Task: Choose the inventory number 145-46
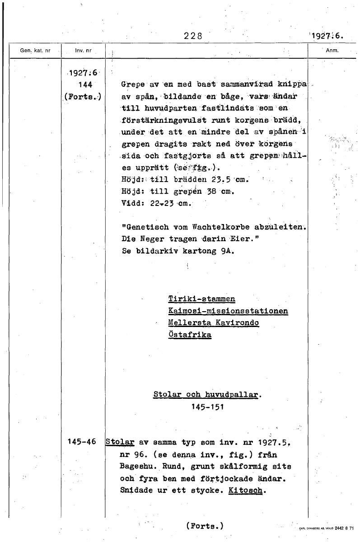[x=81, y=442]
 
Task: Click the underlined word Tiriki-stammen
[x=201, y=299]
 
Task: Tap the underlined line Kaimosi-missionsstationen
[x=228, y=311]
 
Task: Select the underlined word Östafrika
[x=189, y=335]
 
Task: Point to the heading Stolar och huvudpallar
[x=207, y=394]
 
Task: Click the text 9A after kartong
[x=228, y=251]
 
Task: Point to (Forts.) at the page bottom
[x=205, y=526]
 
